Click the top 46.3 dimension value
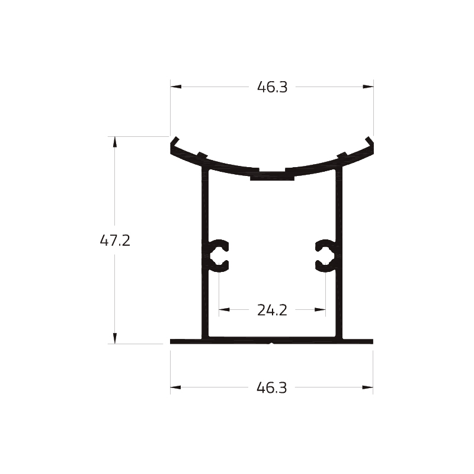pos(272,87)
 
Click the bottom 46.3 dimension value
pos(271,387)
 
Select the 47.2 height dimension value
pos(115,241)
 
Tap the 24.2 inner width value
pos(272,310)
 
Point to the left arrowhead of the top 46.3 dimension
pos(175,87)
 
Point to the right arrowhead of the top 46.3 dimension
pos(368,87)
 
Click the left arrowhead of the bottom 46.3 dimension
pos(175,387)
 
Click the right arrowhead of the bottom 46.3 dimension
pos(367,387)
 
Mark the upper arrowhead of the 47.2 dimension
pos(114,142)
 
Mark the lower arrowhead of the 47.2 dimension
pos(114,338)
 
